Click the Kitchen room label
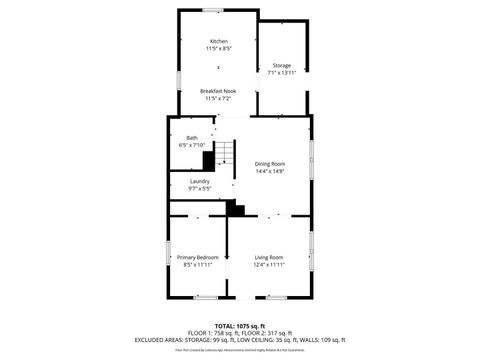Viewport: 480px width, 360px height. tap(218, 41)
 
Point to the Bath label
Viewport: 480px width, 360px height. tap(191, 138)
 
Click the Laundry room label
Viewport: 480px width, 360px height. tap(199, 181)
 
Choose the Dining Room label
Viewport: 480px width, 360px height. tap(269, 164)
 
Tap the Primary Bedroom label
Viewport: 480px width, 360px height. tap(197, 257)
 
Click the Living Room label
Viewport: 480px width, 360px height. tap(269, 257)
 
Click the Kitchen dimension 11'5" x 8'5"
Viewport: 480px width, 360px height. tap(218, 48)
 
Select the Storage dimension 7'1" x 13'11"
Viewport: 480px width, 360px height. tap(281, 73)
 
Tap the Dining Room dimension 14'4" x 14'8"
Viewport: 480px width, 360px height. tap(269, 171)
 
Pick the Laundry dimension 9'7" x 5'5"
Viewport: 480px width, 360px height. tap(199, 188)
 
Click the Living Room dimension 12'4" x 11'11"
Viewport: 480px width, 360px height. tap(269, 264)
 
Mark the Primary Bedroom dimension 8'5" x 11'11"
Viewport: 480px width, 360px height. tap(197, 264)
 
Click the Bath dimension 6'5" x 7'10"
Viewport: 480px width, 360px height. tap(191, 145)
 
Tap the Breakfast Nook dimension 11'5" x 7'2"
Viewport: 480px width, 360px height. tap(218, 99)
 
